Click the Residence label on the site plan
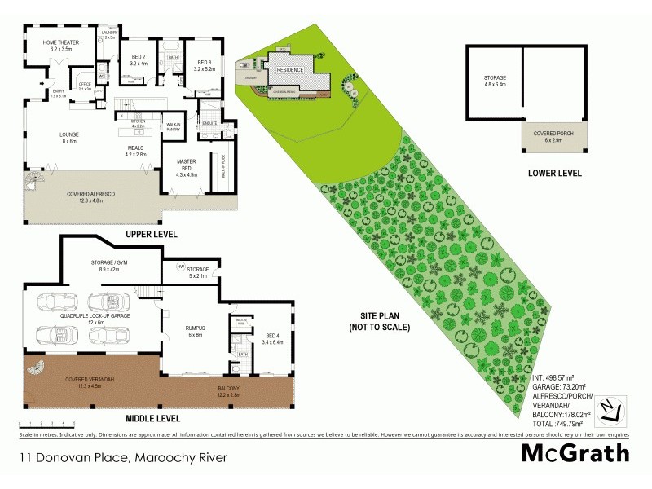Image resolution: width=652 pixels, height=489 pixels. tap(290, 70)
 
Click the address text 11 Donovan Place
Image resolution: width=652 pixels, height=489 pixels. tap(122, 458)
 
